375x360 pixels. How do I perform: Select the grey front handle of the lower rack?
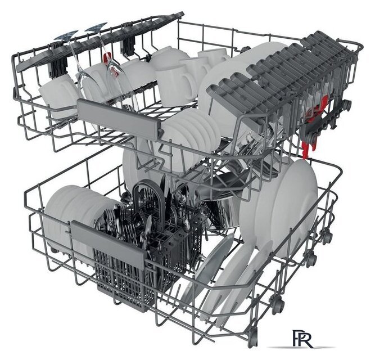pyautogui.click(x=107, y=242)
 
